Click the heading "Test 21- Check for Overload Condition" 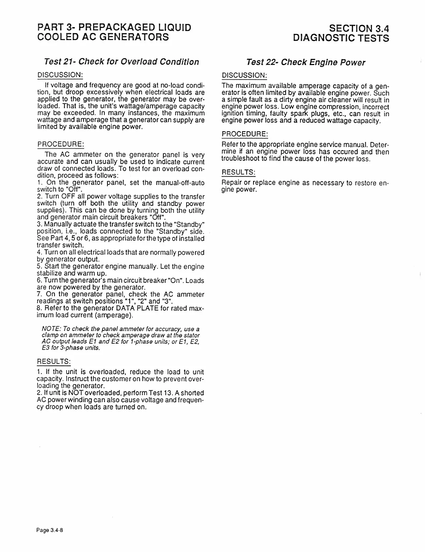[121, 62]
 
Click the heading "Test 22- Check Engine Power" [306, 63]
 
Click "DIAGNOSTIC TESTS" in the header [341, 38]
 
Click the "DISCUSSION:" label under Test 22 [245, 75]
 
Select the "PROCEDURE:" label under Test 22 [245, 134]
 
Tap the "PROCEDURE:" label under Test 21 [61, 144]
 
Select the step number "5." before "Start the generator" [39, 267]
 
